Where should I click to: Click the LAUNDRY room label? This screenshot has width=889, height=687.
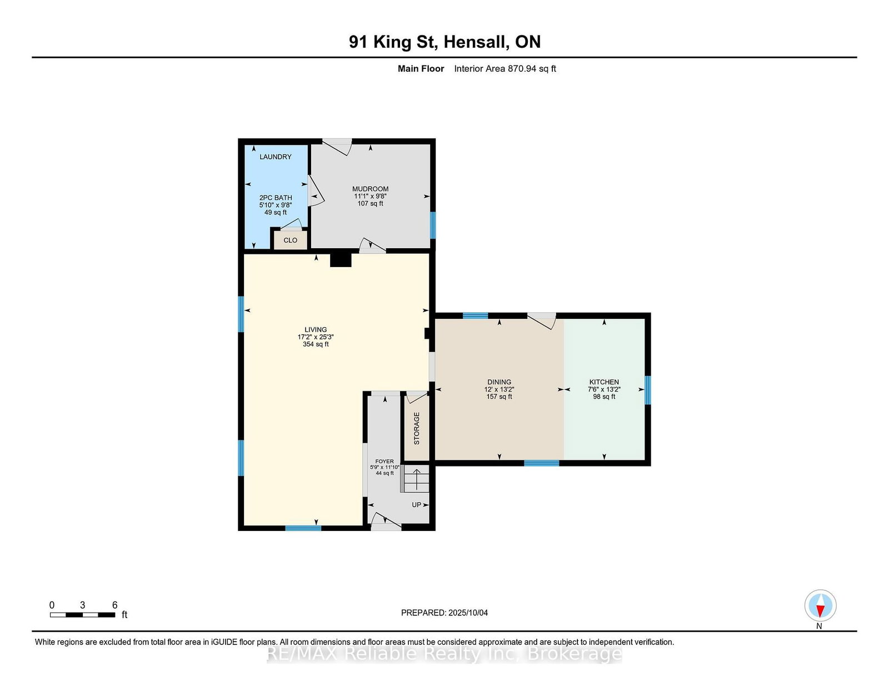(276, 157)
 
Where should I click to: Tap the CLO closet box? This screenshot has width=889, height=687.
(290, 240)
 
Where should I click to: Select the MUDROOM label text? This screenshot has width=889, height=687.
(370, 189)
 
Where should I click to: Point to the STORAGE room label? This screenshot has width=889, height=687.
(417, 428)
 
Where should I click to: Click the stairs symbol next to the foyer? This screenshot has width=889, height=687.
(416, 479)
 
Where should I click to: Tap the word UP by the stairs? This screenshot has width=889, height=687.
(417, 505)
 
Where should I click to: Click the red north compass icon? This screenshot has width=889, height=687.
(820, 605)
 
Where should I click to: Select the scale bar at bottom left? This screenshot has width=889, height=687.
(82, 615)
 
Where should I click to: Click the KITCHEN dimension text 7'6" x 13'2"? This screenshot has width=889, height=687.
(604, 389)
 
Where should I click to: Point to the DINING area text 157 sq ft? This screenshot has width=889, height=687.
(499, 397)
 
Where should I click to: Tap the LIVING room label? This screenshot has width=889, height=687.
(316, 329)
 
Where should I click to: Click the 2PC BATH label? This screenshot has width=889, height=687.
(276, 198)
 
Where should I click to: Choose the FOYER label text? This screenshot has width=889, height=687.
(384, 462)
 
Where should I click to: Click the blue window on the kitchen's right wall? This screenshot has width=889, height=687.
(648, 390)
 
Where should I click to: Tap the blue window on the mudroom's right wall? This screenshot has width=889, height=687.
(432, 225)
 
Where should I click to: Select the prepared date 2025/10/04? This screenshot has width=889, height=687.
(468, 613)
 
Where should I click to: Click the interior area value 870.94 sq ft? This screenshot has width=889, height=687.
(532, 69)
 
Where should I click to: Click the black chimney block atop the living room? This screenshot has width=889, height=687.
(341, 260)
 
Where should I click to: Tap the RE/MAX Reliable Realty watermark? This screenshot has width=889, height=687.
(444, 654)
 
